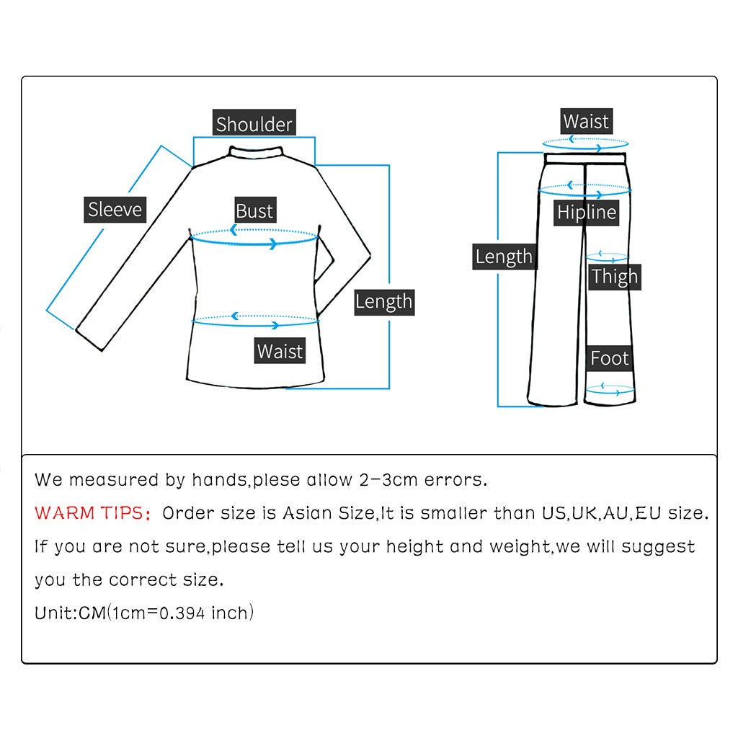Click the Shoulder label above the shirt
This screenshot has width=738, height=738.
coord(254,124)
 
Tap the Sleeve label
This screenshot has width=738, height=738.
coord(115,210)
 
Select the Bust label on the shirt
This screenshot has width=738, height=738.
coord(254,211)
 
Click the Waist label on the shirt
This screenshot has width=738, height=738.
coord(280,351)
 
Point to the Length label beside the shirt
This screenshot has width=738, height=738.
coord(383,301)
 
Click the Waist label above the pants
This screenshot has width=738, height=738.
coord(585,121)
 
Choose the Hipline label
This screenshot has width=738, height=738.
coord(587,212)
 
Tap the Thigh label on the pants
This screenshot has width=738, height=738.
coord(614,276)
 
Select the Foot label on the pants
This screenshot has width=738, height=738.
coord(609,358)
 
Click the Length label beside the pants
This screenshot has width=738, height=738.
coord(504,257)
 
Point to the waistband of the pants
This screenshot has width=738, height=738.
coord(585,157)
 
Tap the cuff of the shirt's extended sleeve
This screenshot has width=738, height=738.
coord(91,339)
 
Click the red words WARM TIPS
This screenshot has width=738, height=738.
coord(92,513)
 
